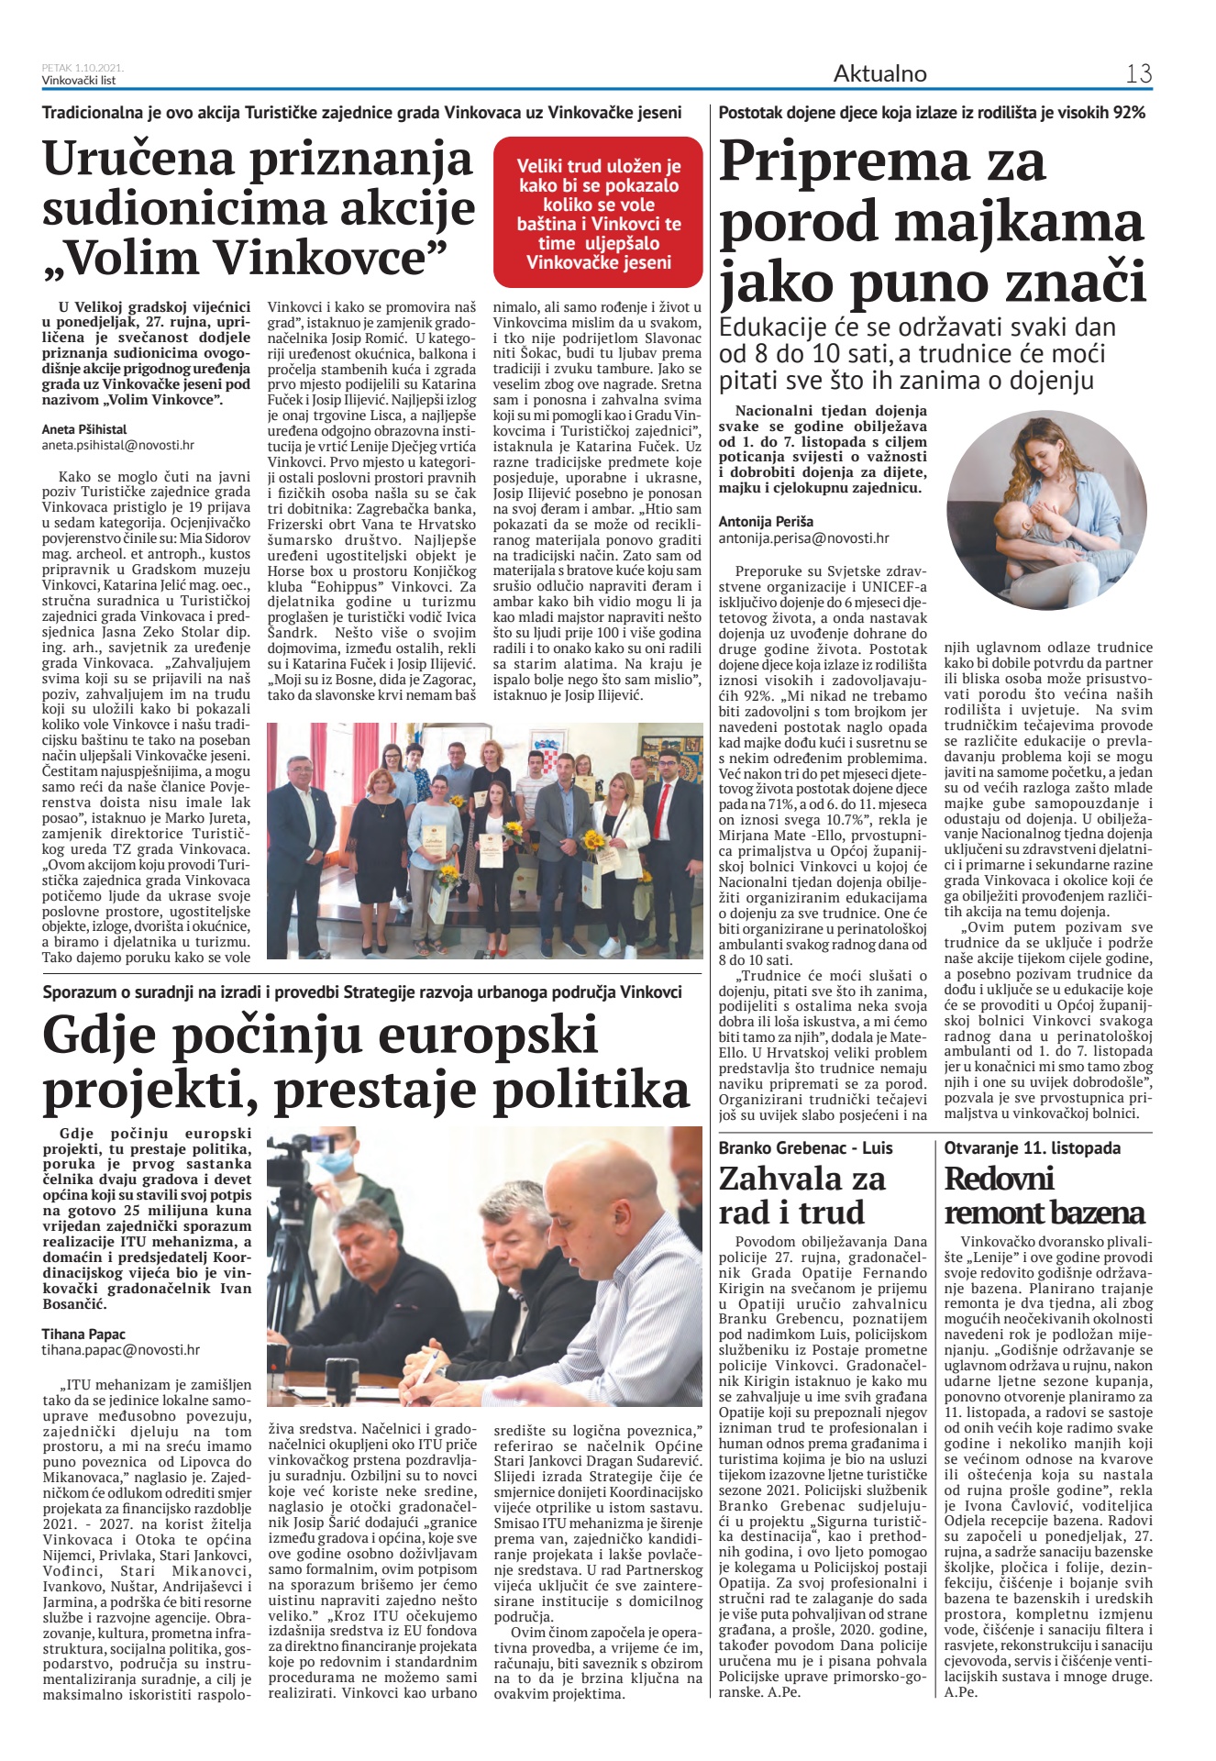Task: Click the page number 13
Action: (x=1138, y=73)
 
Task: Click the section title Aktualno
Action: (x=879, y=73)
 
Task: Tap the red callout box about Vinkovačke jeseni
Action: (x=598, y=214)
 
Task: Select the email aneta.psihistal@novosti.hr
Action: (x=118, y=445)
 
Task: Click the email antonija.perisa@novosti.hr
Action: (x=803, y=538)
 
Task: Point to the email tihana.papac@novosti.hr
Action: (x=120, y=1350)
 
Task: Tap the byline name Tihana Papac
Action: (x=83, y=1334)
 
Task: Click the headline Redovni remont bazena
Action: (x=1045, y=1195)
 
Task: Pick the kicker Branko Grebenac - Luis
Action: (x=805, y=1147)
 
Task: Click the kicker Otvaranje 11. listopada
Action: (x=1033, y=1147)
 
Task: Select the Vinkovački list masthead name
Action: (x=79, y=80)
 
